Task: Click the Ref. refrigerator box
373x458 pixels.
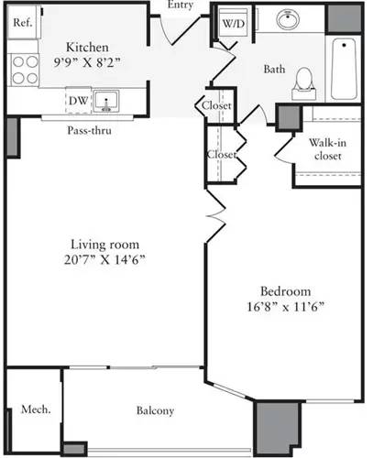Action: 23,25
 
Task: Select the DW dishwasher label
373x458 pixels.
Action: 77,101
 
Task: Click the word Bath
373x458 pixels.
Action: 273,70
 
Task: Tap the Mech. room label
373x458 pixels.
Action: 35,409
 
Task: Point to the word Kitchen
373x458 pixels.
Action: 88,48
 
